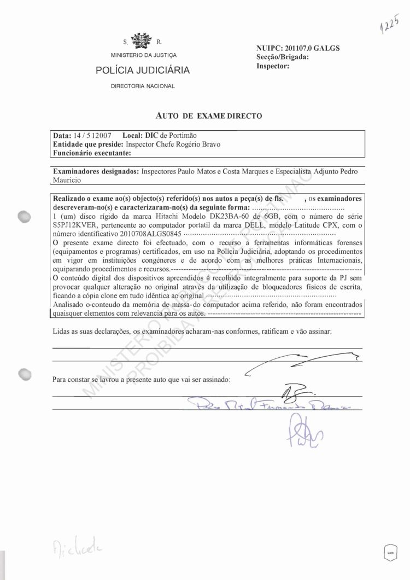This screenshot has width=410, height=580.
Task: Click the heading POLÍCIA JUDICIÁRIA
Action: pos(143,70)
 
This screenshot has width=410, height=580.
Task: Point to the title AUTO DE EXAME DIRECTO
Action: pos(209,115)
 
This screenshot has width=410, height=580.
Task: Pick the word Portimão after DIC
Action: pos(181,135)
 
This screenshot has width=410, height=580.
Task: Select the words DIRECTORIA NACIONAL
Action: pos(143,86)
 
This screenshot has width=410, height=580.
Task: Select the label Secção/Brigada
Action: pos(283,57)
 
